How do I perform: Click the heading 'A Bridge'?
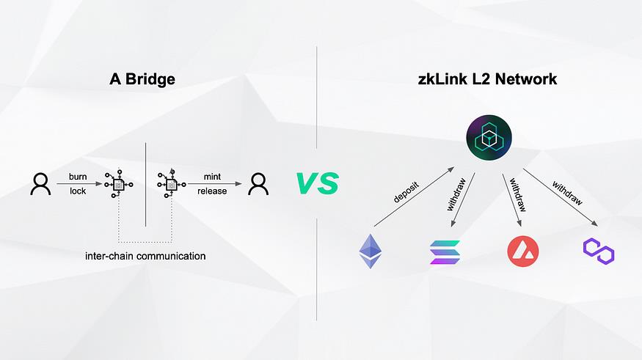(x=142, y=79)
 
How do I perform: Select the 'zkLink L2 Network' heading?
(x=487, y=79)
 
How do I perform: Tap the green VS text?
(x=317, y=183)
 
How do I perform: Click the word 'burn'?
(x=78, y=176)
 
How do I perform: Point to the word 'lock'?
(x=78, y=191)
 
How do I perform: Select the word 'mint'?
(x=212, y=176)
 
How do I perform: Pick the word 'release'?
(x=212, y=191)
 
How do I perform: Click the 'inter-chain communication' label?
(x=145, y=256)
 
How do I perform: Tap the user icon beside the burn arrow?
(x=40, y=184)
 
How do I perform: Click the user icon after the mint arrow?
(x=258, y=184)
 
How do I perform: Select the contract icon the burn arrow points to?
(x=119, y=184)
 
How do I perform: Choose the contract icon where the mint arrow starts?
(x=172, y=184)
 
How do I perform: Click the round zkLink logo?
(x=489, y=137)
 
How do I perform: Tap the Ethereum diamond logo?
(x=370, y=251)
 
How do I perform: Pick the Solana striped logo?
(x=445, y=252)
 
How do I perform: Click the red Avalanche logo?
(x=523, y=251)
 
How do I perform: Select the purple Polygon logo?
(x=599, y=251)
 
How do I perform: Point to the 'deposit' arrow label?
(x=406, y=193)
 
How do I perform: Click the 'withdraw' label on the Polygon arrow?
(x=567, y=193)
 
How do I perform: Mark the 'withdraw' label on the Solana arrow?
(x=456, y=194)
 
